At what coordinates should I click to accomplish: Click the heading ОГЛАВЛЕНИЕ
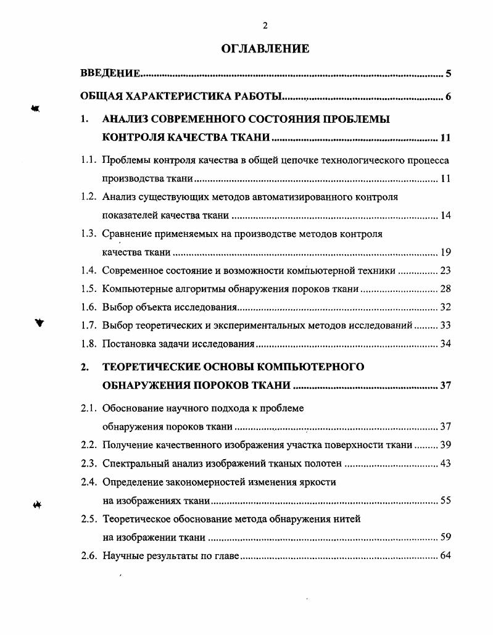pyautogui.click(x=265, y=49)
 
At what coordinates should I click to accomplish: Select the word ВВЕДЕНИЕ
pyautogui.click(x=110, y=74)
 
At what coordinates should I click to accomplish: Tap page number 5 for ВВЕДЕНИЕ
pyautogui.click(x=449, y=75)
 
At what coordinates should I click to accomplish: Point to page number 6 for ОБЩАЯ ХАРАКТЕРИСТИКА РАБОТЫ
pyautogui.click(x=449, y=97)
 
